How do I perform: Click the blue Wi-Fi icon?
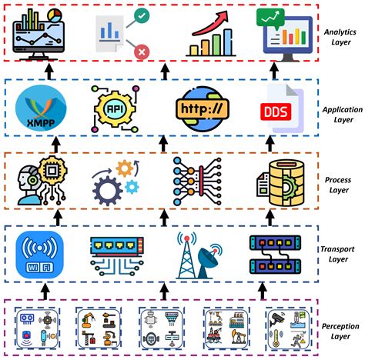click(x=40, y=253)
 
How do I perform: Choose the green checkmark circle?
click(x=141, y=16)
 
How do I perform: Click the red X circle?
click(x=141, y=52)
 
